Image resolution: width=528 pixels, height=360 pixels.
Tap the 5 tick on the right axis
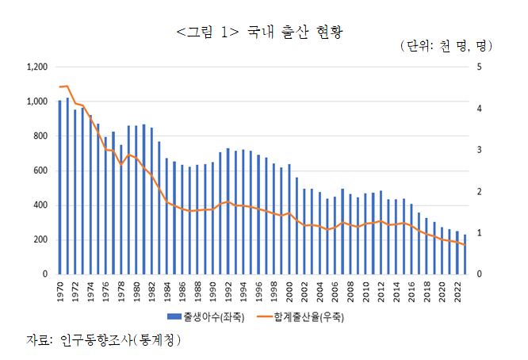tap(477, 67)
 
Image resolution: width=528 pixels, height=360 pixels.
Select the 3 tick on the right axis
tap(477, 150)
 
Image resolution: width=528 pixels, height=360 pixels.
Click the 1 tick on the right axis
tap(477, 233)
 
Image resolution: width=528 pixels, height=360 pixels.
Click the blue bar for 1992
tap(228, 211)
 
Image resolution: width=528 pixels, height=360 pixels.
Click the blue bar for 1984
tap(167, 216)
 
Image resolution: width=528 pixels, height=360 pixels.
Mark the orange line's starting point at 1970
tap(60, 87)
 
